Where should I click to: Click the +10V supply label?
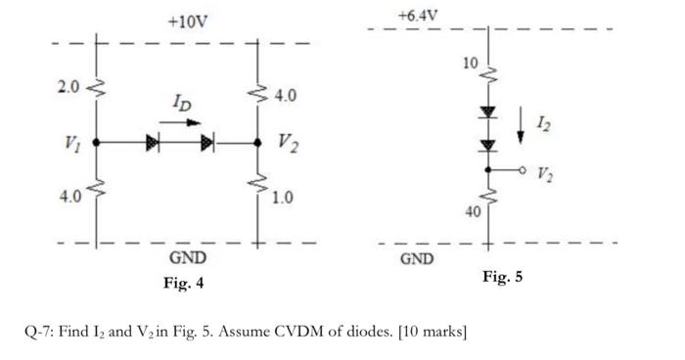[x=187, y=22]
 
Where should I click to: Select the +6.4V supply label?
[x=419, y=15]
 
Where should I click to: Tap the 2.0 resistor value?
[x=68, y=88]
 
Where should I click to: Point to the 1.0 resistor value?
[x=283, y=198]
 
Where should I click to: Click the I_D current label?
[x=182, y=103]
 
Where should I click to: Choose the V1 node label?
[x=68, y=145]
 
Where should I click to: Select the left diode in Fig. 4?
[x=152, y=143]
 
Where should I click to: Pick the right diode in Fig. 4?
[x=208, y=143]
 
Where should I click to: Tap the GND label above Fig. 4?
[x=188, y=258]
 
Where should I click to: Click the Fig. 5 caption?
[x=502, y=277]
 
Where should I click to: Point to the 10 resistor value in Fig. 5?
[x=471, y=64]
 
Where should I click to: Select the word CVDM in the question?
[x=298, y=331]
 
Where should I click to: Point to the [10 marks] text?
[x=430, y=331]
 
